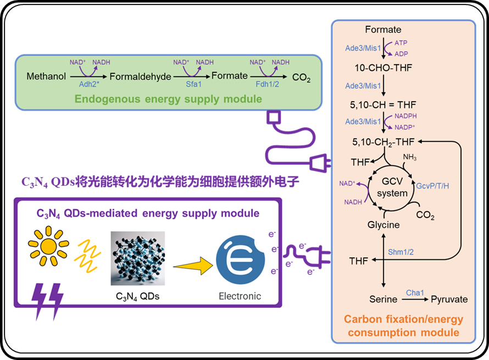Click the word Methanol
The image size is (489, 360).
point(46,76)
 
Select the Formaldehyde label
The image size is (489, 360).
point(141,76)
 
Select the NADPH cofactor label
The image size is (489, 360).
point(406,117)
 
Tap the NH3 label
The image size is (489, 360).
point(410,158)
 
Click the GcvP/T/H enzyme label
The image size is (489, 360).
point(433,186)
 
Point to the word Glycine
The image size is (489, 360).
point(383,225)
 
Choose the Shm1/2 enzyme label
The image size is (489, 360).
point(400,252)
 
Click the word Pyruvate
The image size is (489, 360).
point(449,300)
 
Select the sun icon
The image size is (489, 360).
point(49,244)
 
